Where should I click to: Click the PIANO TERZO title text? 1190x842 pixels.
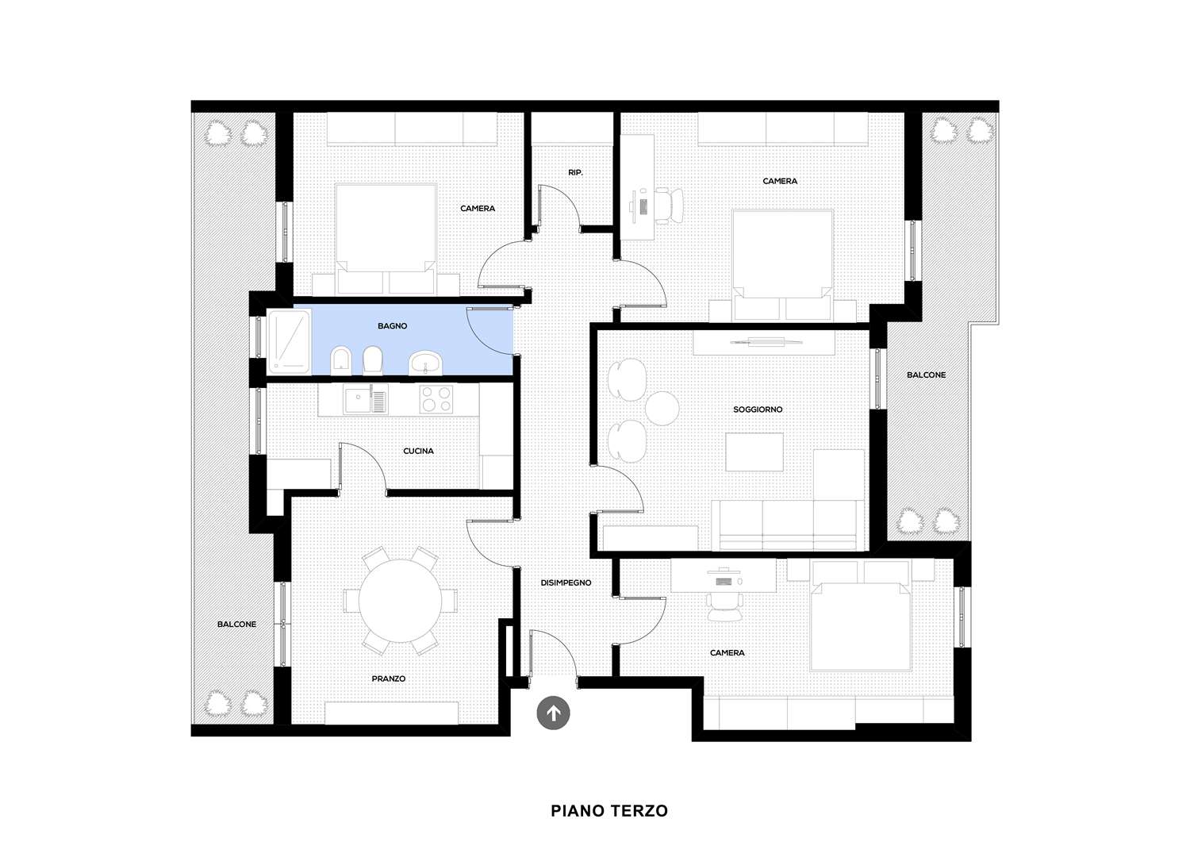point(608,810)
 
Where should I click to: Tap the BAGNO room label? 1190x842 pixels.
point(393,326)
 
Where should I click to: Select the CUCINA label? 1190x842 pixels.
point(418,451)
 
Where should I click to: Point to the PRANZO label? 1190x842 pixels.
point(389,679)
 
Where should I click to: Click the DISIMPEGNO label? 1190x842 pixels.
point(566,582)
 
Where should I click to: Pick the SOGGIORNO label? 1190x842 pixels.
point(758,409)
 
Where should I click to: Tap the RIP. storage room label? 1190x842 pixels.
point(575,172)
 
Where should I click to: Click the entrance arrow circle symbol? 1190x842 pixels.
point(553,713)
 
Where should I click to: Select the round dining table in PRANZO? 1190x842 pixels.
point(401,601)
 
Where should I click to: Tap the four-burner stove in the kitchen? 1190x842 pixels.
point(436,399)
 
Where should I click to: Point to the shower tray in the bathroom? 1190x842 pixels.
point(289,341)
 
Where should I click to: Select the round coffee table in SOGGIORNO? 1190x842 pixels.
point(662,408)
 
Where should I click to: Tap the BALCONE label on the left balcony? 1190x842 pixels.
point(236,624)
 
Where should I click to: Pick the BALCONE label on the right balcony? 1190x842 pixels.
point(926,375)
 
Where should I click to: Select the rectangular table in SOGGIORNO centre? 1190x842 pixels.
point(754,452)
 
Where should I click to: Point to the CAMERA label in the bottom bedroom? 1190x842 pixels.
point(727,653)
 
